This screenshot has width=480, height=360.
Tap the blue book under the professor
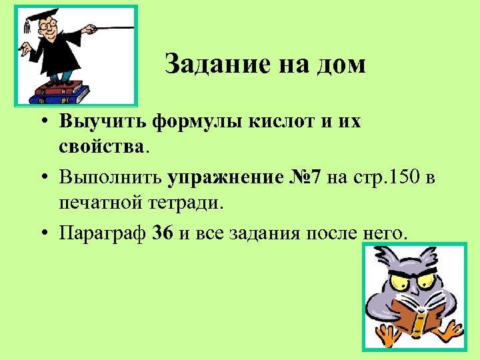pyautogui.click(x=60, y=97)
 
